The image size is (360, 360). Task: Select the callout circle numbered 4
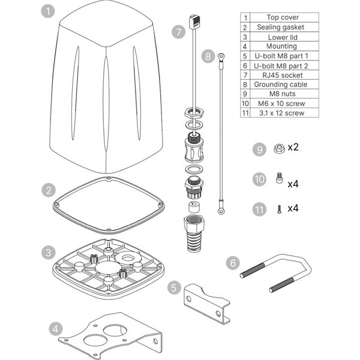[55, 328]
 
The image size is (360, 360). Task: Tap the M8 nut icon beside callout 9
[278, 149]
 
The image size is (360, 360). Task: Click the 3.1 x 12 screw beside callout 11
[278, 209]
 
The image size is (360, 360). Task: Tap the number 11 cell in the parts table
[245, 113]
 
